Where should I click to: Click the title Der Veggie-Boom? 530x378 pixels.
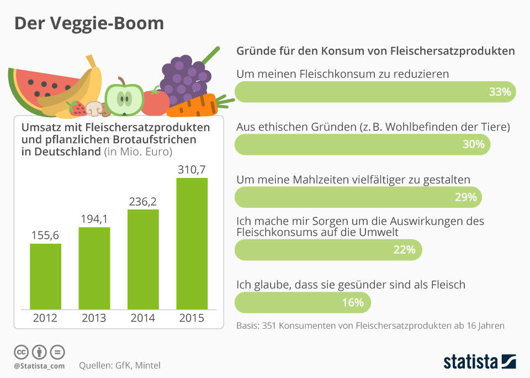(89, 23)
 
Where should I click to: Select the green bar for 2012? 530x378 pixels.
(45, 276)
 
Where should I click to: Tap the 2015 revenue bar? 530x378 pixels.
(192, 243)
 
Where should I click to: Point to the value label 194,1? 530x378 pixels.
(94, 219)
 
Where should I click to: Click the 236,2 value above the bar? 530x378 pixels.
(143, 202)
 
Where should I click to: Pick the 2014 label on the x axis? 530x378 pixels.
(143, 318)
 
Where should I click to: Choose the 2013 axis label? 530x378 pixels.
(94, 318)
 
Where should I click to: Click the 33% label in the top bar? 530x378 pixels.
(500, 92)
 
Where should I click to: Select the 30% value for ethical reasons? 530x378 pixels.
(473, 144)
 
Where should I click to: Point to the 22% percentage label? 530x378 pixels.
(404, 250)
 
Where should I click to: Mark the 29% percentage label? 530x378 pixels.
(465, 197)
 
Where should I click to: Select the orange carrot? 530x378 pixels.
(193, 106)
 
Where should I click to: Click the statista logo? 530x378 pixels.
(479, 362)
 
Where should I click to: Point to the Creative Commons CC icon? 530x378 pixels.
(21, 352)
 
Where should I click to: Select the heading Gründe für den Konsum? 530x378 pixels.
(375, 51)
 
